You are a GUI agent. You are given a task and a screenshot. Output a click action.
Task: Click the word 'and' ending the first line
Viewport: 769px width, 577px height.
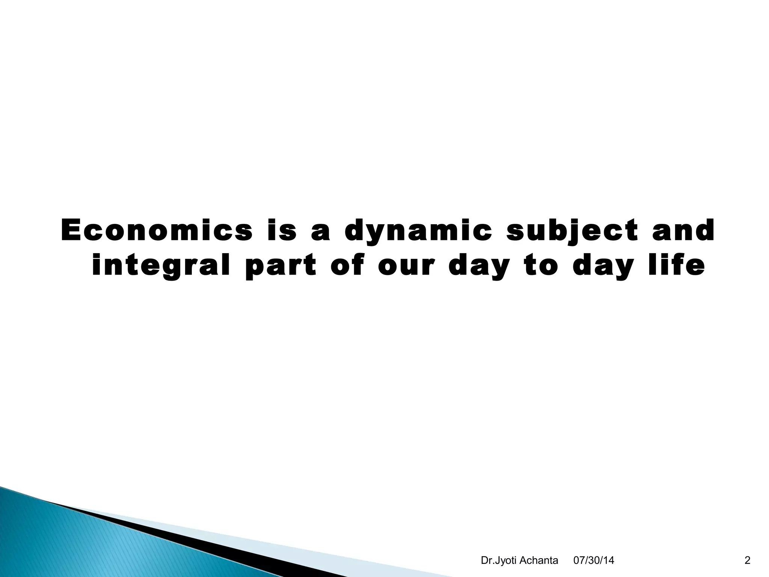[x=683, y=230]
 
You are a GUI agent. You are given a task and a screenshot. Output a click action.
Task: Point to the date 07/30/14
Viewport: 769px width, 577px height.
[x=594, y=560]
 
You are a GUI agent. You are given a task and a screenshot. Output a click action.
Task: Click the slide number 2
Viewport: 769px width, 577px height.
[x=747, y=560]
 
